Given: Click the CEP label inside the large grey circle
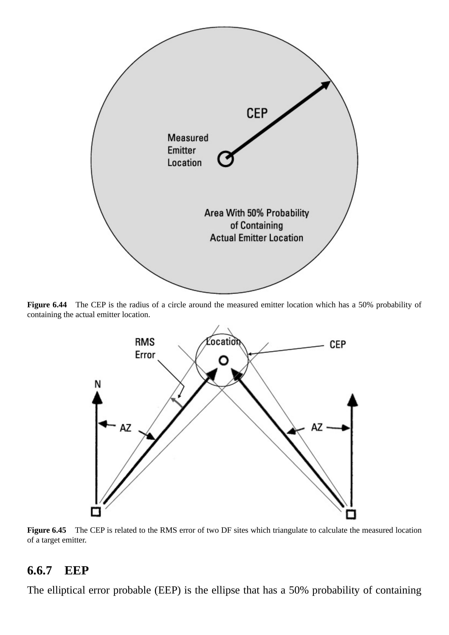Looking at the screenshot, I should (x=257, y=113).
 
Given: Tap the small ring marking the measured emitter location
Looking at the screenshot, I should (x=225, y=159).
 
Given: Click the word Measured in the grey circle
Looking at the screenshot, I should (x=188, y=138).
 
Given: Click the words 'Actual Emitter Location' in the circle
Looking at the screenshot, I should (x=257, y=238).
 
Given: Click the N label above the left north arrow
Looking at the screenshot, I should (x=98, y=384).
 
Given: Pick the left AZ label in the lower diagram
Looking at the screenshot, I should (x=125, y=428).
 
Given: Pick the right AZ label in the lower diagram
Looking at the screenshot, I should (x=317, y=427).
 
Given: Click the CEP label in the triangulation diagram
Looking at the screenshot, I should (x=338, y=345).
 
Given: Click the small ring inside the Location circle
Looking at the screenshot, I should (x=224, y=361).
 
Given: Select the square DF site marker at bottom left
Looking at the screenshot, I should (x=96, y=512).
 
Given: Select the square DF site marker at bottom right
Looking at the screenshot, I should (x=351, y=514).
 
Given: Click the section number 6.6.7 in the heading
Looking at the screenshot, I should (x=40, y=570).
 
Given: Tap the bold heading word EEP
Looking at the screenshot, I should (x=77, y=570).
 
